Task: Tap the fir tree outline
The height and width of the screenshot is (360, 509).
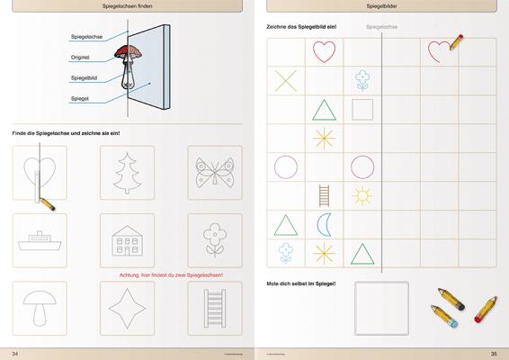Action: (x=125, y=172)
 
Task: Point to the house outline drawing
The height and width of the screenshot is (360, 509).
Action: (x=125, y=240)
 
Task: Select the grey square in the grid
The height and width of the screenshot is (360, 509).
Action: (x=362, y=110)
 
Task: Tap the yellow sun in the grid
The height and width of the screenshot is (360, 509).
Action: (x=362, y=194)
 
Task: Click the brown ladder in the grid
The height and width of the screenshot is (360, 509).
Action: (x=325, y=194)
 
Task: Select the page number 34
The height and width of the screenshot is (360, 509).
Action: (x=13, y=352)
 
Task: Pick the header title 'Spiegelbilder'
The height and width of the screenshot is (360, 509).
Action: (x=381, y=7)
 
